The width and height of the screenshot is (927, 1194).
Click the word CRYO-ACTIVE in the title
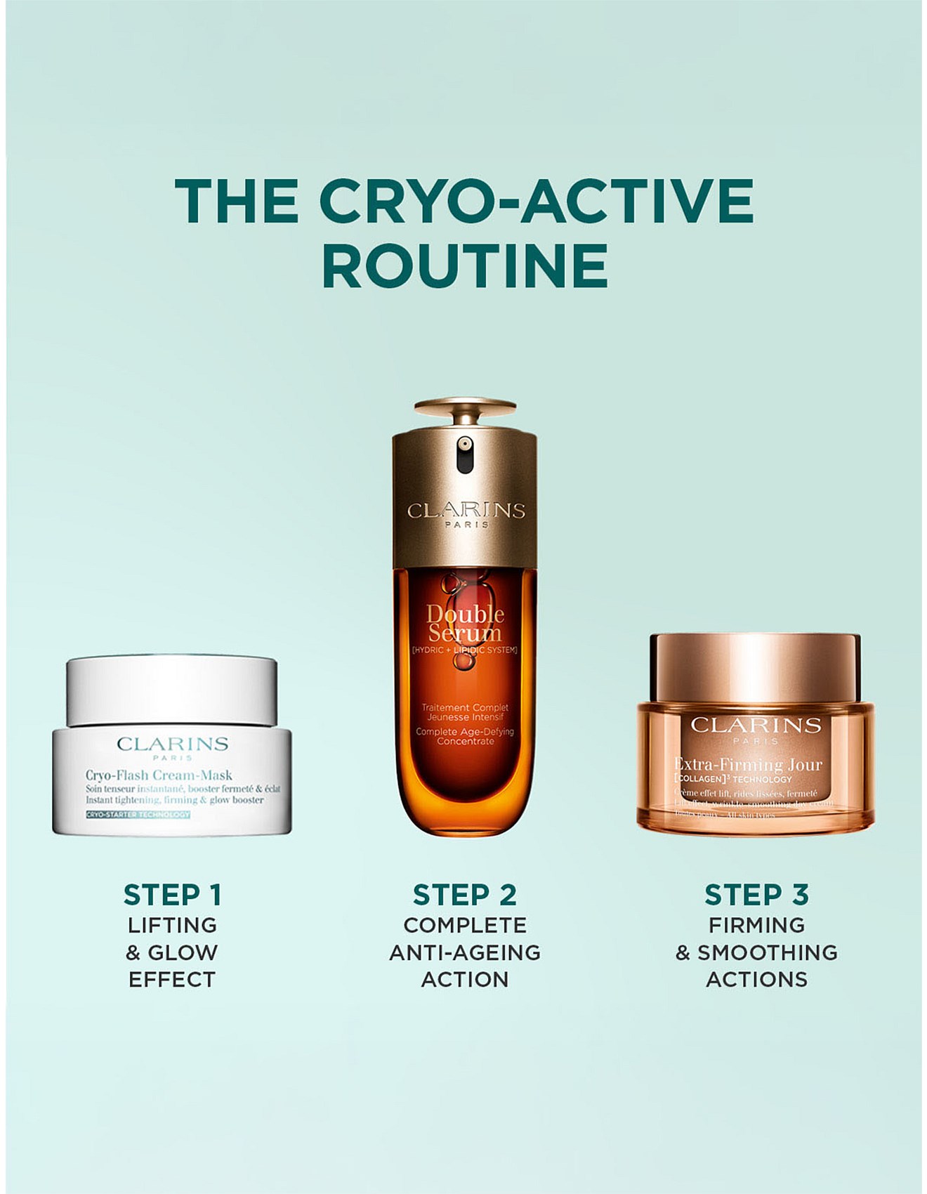tap(537, 201)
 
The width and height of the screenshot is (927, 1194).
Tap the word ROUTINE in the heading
tap(465, 266)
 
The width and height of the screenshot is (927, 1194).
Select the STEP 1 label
tap(172, 895)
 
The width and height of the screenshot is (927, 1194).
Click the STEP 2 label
tap(464, 895)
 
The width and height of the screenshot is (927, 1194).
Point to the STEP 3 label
tap(756, 895)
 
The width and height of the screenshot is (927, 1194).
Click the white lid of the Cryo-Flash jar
tap(172, 690)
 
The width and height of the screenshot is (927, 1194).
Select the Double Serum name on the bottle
tap(465, 624)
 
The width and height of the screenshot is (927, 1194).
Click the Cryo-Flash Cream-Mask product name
tap(159, 775)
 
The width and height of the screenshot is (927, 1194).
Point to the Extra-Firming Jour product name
tap(748, 764)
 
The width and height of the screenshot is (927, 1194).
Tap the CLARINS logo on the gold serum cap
tap(466, 511)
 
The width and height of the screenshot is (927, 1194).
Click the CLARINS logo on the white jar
tap(172, 744)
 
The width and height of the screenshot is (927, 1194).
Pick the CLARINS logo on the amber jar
tap(756, 725)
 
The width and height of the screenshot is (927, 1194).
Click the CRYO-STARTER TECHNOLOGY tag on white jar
tap(138, 815)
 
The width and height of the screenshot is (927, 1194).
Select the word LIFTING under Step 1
tap(172, 925)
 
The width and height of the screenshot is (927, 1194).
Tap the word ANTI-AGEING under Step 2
tap(464, 952)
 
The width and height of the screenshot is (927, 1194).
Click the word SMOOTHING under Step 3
tap(767, 952)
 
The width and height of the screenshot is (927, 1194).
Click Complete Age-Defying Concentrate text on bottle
tap(465, 736)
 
